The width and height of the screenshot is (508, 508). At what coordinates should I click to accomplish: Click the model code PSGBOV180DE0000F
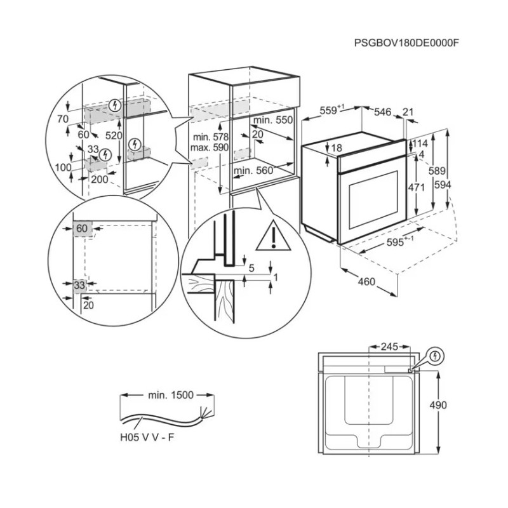(406, 43)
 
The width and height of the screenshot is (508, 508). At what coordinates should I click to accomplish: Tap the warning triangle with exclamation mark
(274, 236)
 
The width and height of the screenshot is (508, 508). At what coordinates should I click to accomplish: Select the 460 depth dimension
(366, 281)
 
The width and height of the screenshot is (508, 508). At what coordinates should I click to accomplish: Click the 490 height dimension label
(438, 404)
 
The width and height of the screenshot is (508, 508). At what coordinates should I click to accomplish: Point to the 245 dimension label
(389, 346)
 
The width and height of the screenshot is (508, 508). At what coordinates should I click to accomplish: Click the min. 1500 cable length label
(171, 395)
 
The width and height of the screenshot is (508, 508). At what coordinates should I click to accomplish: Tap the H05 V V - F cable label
(147, 437)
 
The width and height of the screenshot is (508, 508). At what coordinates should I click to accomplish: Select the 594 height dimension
(443, 185)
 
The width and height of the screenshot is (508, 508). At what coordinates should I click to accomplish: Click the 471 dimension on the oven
(417, 187)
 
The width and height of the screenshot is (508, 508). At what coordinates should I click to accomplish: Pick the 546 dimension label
(383, 112)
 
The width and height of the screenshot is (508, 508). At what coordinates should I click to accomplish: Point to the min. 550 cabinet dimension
(273, 120)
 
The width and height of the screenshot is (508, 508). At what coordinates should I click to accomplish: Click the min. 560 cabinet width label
(253, 170)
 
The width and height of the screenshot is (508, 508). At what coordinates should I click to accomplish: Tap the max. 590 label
(210, 148)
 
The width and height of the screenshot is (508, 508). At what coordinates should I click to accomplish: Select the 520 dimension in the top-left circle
(114, 135)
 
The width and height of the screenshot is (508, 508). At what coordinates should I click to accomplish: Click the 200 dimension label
(100, 179)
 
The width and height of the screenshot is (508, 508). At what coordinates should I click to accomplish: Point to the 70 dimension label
(63, 119)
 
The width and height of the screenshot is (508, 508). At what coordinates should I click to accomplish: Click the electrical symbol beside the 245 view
(435, 356)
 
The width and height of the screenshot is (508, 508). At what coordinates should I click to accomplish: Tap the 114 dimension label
(420, 144)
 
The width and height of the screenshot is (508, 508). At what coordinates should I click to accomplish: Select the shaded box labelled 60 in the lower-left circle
(83, 229)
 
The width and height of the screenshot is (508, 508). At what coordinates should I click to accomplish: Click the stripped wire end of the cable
(206, 411)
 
